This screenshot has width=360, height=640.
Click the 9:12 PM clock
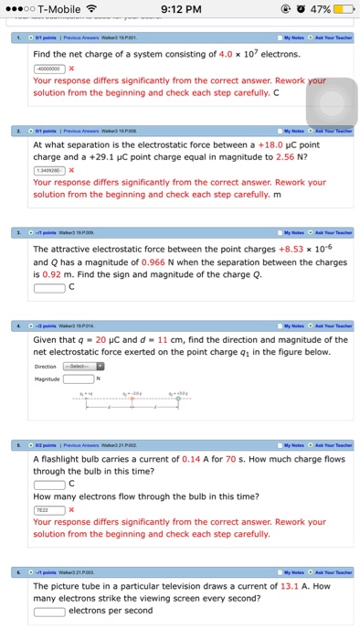tap(179, 9)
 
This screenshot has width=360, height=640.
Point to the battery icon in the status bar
tap(343, 9)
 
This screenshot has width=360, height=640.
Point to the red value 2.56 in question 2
tap(306, 156)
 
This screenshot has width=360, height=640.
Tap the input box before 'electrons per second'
tap(48, 611)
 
